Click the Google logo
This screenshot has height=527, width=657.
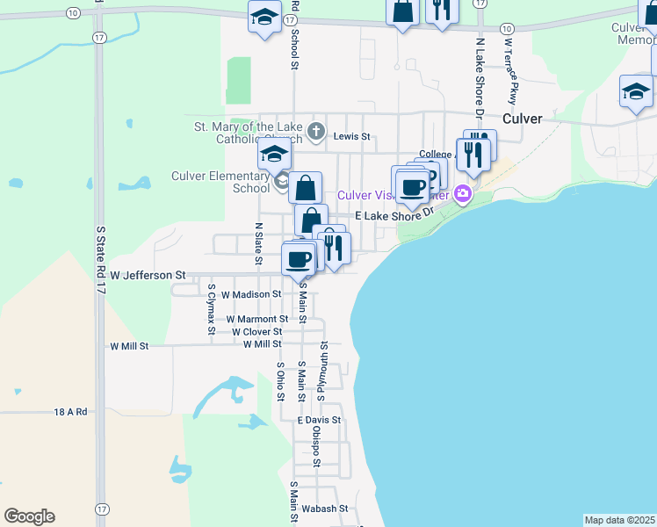29,516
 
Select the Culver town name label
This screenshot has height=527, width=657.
523,119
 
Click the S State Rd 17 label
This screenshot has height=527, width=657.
99,263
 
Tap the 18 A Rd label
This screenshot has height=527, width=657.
70,411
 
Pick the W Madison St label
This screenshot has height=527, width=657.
251,295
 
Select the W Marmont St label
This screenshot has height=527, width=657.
256,319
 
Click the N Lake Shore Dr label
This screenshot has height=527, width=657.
480,77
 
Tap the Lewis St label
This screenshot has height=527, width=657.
352,137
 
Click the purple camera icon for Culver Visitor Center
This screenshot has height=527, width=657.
463,194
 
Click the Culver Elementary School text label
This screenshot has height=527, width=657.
220,181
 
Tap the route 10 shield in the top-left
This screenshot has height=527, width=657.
72,12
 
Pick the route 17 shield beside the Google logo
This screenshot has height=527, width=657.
103,509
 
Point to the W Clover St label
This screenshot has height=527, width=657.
257,332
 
